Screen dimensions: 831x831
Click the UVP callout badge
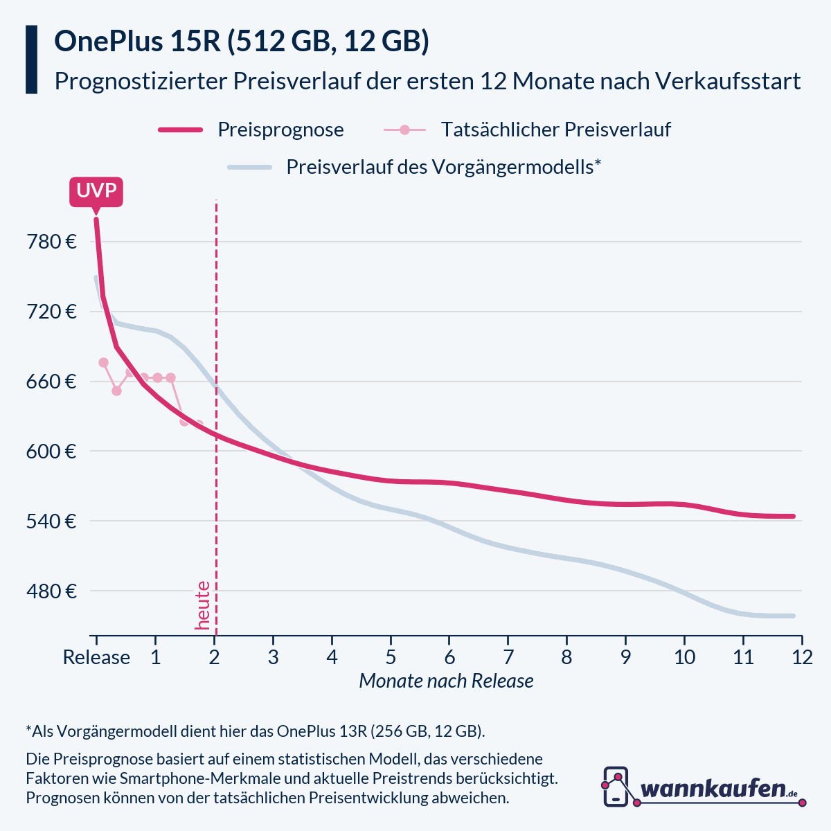tap(96, 191)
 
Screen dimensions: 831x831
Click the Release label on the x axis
tap(96, 656)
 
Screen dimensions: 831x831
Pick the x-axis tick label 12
tap(802, 656)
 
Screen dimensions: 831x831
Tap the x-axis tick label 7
tap(508, 656)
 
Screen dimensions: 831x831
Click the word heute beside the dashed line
tap(202, 605)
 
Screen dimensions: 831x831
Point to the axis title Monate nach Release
tap(446, 681)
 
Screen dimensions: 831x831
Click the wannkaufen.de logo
tap(703, 787)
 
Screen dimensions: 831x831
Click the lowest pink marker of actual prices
tap(184, 421)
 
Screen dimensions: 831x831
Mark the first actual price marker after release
tap(103, 362)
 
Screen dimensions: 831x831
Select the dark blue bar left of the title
tap(31, 60)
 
